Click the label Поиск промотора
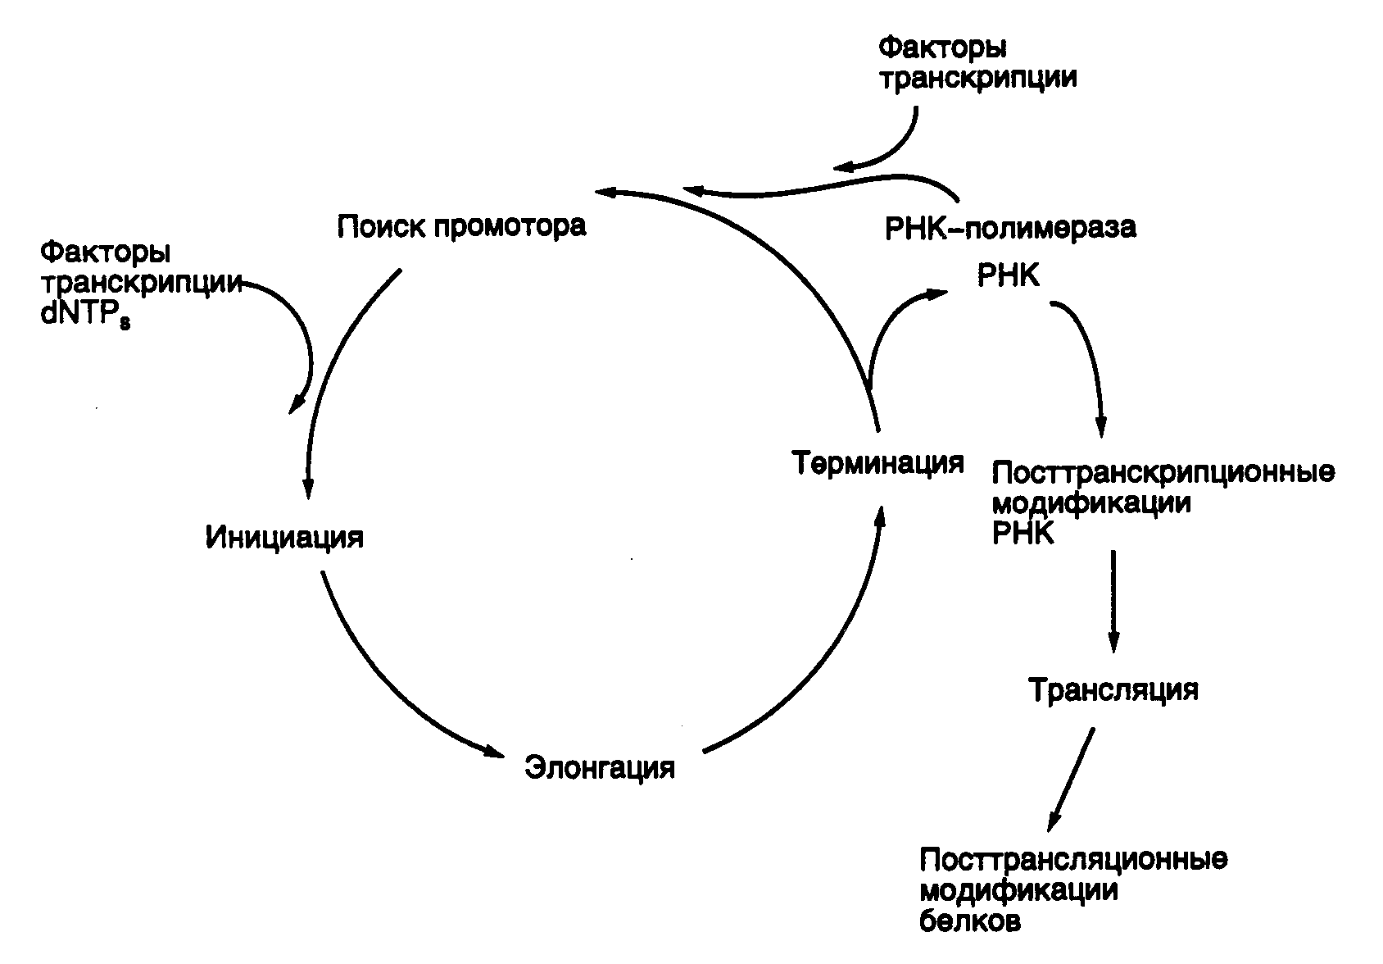point(461,226)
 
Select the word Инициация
point(284,537)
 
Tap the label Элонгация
point(600,768)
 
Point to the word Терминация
point(877,463)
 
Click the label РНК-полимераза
point(1010,227)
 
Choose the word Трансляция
point(1113,689)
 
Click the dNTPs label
point(85,314)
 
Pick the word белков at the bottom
point(970,921)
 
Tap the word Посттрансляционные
point(1073,859)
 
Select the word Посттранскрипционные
point(1163,472)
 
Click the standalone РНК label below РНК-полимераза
point(1009,275)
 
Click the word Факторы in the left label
point(105,252)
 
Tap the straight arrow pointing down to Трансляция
point(1113,601)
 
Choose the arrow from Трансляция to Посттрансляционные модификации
point(1071,780)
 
